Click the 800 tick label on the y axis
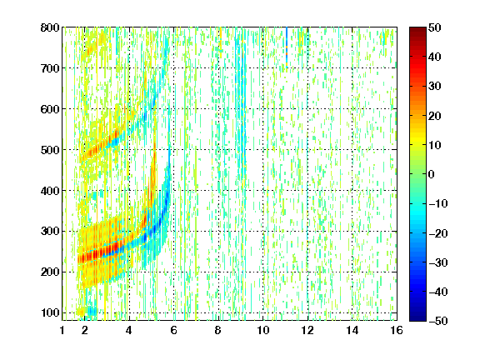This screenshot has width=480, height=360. [x=50, y=27]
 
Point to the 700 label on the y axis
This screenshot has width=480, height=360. [x=50, y=68]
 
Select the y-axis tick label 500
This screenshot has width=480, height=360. [x=50, y=150]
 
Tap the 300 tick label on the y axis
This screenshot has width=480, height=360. [x=50, y=231]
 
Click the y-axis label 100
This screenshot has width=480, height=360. [x=50, y=312]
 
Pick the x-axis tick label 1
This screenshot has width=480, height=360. [x=62, y=330]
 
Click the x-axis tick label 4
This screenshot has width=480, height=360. [x=129, y=330]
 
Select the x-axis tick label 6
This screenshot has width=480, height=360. [x=173, y=330]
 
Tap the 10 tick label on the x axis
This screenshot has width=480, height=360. [x=262, y=330]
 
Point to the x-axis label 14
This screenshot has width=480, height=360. [x=352, y=330]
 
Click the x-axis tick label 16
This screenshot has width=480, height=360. [x=397, y=330]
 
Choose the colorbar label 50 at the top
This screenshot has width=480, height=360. [x=435, y=27]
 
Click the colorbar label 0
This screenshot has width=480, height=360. [x=432, y=174]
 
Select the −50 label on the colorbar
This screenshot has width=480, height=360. [x=438, y=321]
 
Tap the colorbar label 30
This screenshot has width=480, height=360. [x=435, y=87]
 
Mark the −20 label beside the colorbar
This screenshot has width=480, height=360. [x=438, y=233]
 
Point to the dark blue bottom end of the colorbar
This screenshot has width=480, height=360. [x=417, y=318]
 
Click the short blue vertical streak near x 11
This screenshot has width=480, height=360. [x=287, y=46]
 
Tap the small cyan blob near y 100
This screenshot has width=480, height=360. [x=92, y=312]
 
